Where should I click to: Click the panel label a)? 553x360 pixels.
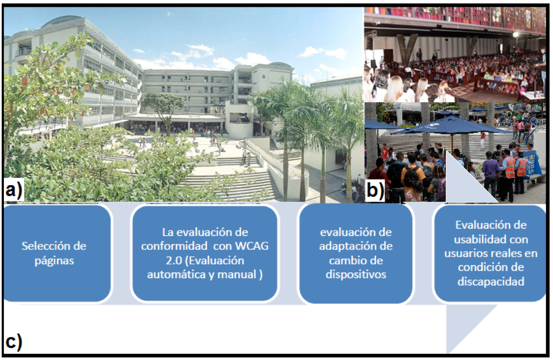click(14, 190)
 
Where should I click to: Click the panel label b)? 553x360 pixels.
click(375, 190)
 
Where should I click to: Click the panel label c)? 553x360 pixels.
click(14, 342)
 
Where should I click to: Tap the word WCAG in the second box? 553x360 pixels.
click(252, 246)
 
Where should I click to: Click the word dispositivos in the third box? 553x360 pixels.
click(356, 274)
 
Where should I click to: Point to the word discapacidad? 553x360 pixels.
click(491, 281)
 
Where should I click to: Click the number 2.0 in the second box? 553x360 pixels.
click(174, 261)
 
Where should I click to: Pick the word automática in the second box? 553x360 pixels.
click(176, 274)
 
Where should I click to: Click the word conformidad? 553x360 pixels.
click(174, 246)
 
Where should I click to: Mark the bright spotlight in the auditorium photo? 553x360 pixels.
click(515, 35)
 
